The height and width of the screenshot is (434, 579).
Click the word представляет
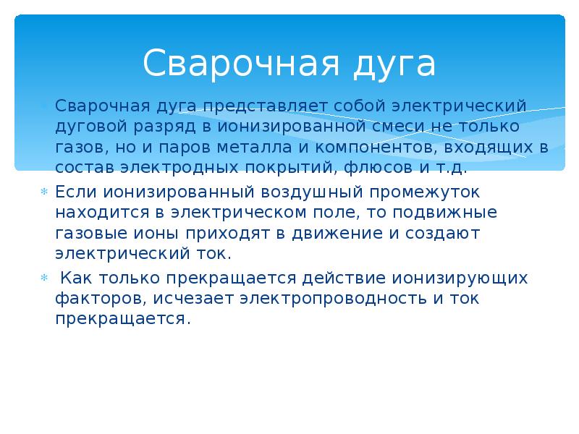265,106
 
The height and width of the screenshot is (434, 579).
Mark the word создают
441,234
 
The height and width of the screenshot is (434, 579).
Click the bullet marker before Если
45,193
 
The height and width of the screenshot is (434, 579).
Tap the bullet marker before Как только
45,278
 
